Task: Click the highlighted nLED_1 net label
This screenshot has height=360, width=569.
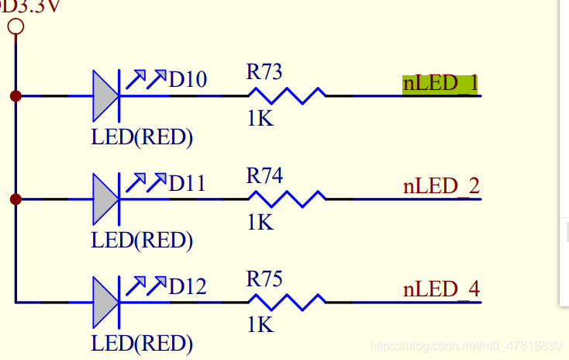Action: tap(440, 84)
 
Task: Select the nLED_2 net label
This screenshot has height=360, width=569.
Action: tap(441, 186)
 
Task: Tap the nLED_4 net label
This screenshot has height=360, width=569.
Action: tap(441, 289)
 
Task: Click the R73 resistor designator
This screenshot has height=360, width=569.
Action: tap(264, 71)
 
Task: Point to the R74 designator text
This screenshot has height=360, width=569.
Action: tap(264, 175)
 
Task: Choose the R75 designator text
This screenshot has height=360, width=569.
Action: tap(264, 279)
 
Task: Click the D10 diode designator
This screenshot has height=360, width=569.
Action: tap(188, 79)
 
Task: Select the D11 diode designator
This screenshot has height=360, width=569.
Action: tap(188, 183)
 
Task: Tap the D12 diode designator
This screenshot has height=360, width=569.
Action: tap(188, 286)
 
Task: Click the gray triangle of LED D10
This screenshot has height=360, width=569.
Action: tap(104, 96)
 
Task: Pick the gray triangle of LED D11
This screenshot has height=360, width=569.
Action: tap(104, 199)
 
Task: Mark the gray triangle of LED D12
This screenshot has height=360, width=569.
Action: tap(104, 303)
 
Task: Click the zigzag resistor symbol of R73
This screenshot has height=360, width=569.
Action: tap(287, 96)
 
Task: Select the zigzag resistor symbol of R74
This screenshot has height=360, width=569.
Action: tap(287, 199)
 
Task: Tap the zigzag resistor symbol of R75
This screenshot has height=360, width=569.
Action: tap(287, 303)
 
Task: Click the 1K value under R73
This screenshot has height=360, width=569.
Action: tap(260, 119)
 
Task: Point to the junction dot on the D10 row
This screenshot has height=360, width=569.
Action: tap(16, 96)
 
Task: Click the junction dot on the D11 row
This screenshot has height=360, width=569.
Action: tap(16, 199)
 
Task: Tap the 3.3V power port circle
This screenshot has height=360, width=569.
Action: tap(16, 27)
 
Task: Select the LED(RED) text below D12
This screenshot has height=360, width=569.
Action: tap(142, 344)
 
